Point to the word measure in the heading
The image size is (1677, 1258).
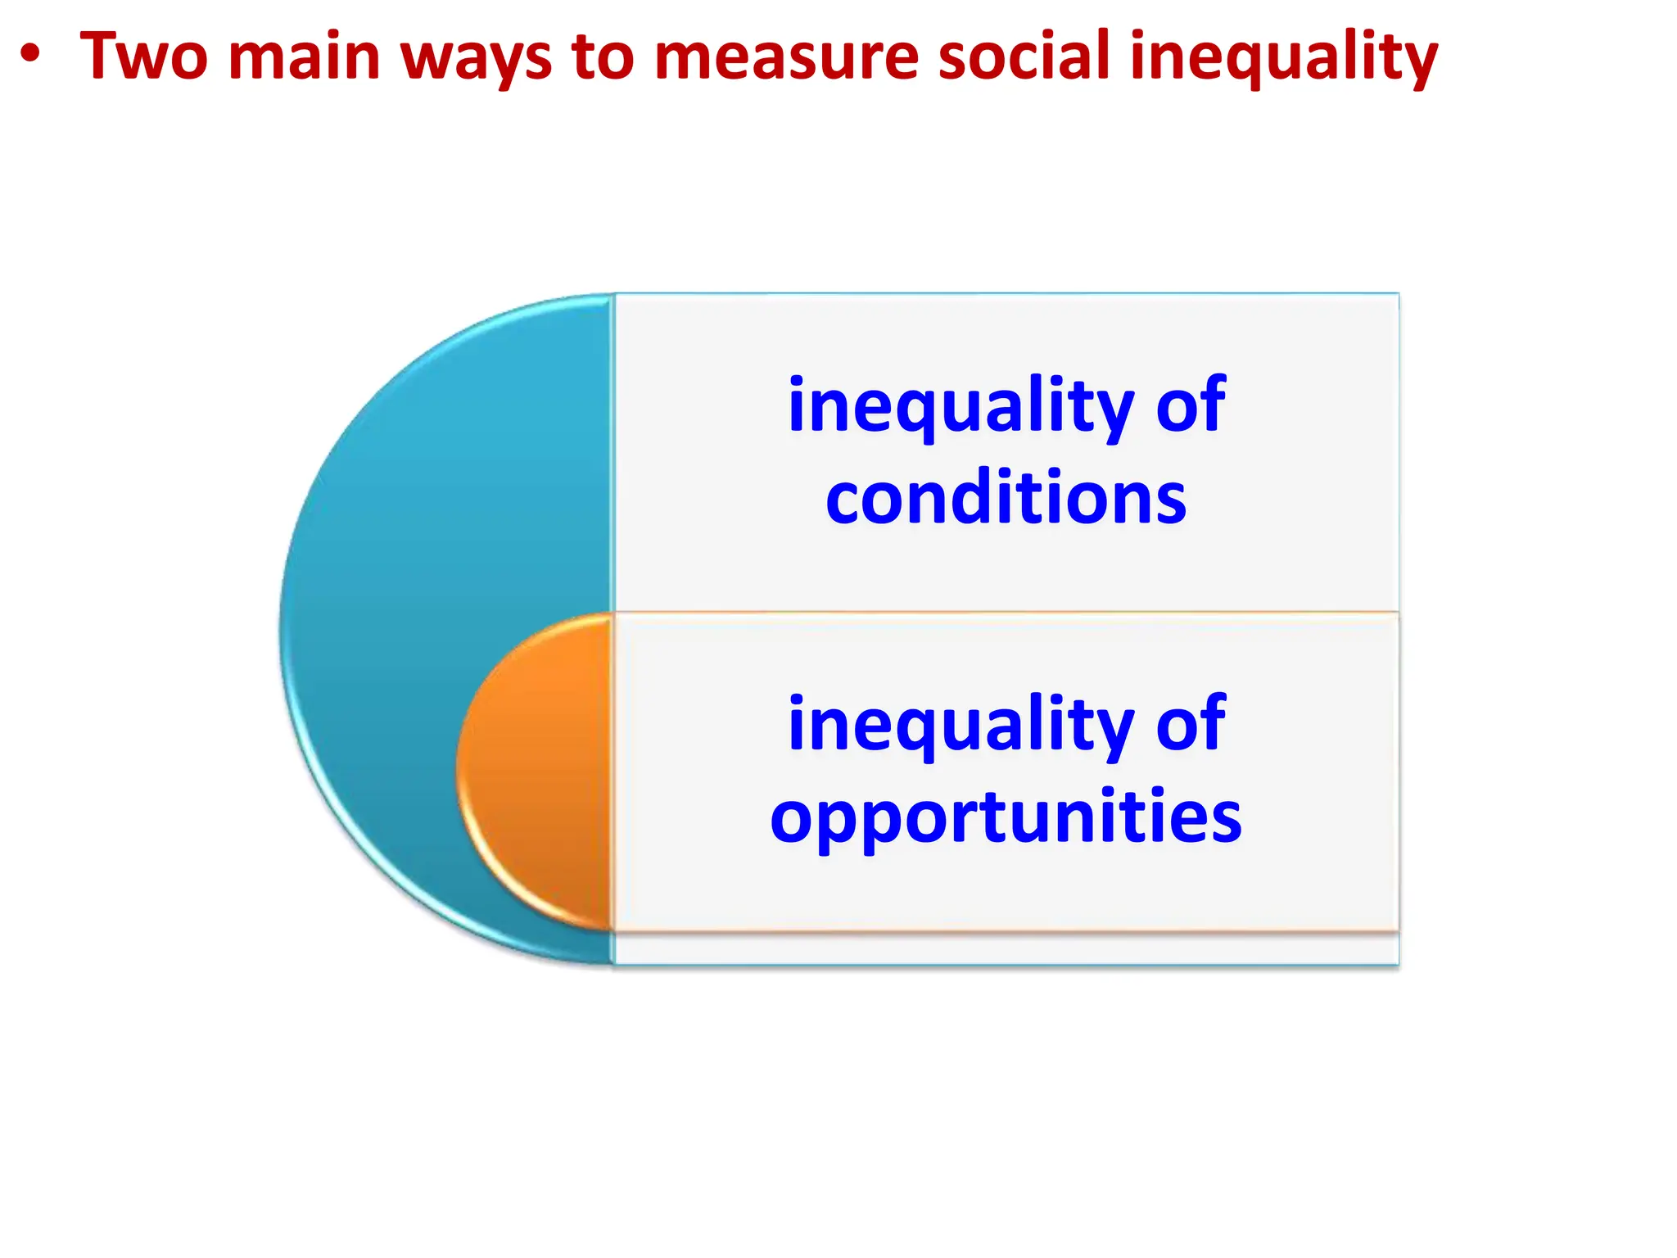(786, 57)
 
